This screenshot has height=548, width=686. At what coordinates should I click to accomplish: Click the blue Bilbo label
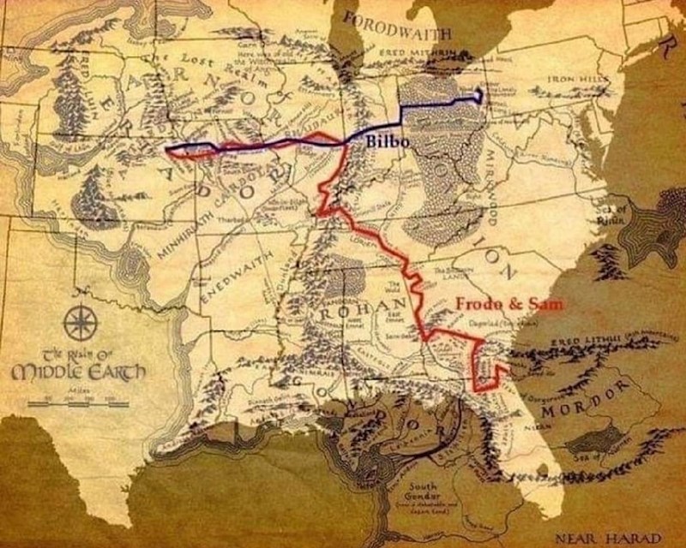click(x=387, y=142)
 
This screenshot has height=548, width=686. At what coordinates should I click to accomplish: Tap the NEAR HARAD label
click(x=618, y=539)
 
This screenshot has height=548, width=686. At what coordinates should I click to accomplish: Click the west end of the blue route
click(x=168, y=152)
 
